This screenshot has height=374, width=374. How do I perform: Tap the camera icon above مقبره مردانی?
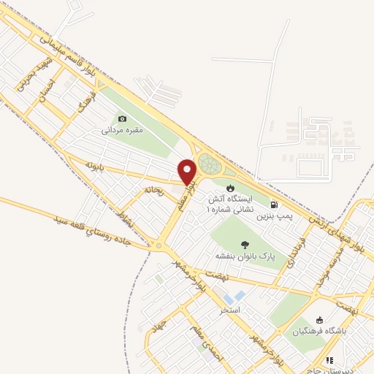(x=122, y=119)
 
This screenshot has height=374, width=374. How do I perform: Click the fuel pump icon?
(x=273, y=205)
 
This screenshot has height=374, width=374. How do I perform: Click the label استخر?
(x=230, y=310)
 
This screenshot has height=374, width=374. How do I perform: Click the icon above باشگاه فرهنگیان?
(x=319, y=320)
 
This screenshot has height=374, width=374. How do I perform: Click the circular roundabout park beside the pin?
(x=209, y=165)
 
